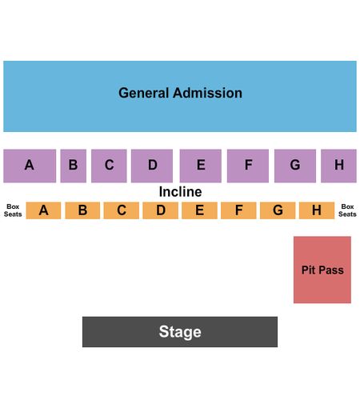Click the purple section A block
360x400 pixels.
30,166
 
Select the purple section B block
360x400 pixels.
74,166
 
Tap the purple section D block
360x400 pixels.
152,166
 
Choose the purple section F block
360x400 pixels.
248,166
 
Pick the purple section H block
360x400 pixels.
338,166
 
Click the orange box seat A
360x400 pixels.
43,210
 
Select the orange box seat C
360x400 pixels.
122,210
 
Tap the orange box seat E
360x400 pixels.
199,210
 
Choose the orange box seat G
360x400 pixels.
278,210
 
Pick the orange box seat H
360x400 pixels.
317,210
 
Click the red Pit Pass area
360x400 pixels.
322,270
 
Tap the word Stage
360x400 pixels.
180,332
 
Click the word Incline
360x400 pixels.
180,192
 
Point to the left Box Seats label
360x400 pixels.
13,210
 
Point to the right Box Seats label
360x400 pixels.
347,210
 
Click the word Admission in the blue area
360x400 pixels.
208,93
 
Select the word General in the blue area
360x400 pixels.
144,93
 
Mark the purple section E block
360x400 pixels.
201,166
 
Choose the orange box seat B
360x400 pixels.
82,210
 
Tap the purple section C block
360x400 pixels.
109,166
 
